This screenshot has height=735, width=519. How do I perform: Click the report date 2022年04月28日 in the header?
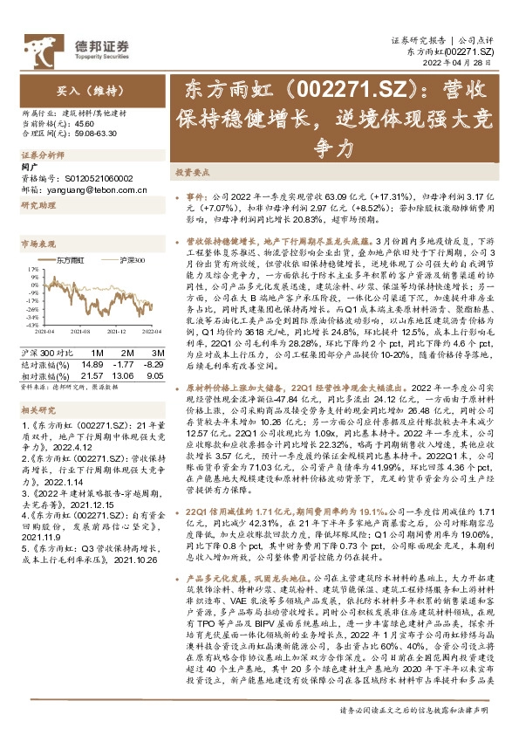click(468, 64)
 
